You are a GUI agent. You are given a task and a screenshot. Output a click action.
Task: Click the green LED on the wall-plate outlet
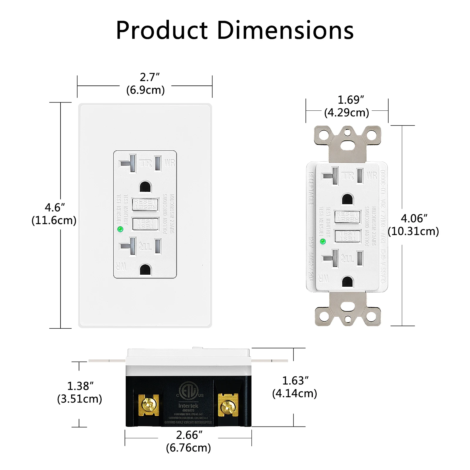tap(120, 229)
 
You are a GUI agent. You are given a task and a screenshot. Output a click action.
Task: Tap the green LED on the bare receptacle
tap(323, 242)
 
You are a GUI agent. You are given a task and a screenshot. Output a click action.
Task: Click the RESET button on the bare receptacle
tap(348, 217)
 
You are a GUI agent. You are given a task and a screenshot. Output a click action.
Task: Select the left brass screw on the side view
tap(148, 405)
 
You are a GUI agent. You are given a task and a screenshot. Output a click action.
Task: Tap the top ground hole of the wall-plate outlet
tap(145, 187)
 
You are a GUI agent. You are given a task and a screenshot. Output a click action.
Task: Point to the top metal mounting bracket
tap(348, 141)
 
